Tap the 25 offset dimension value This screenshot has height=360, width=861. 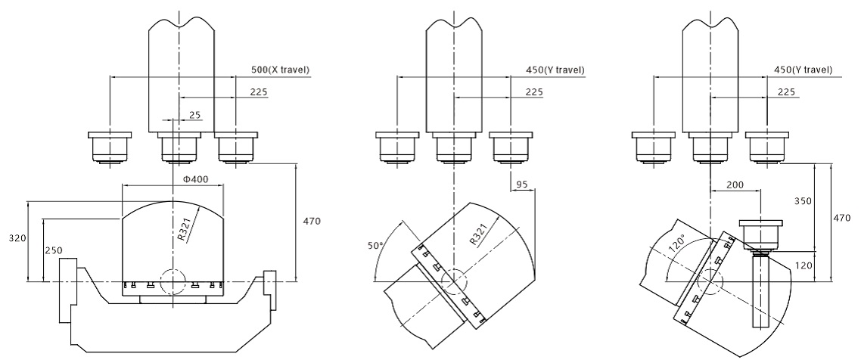194,114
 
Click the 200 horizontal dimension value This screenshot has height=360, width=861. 734,185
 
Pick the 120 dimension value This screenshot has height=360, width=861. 804,265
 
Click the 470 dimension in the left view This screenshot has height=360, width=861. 312,222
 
